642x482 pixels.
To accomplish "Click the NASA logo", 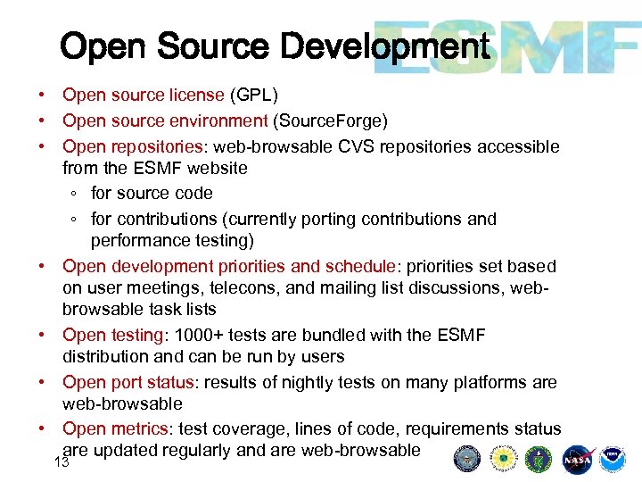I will pos(577,459).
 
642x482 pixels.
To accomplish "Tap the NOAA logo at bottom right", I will pos(612,459).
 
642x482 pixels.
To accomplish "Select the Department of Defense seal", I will pos(466,459).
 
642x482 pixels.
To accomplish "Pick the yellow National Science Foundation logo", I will pos(503,459).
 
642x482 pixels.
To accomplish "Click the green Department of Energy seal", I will pos(539,459).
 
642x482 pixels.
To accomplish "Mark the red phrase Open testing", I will pos(110,336).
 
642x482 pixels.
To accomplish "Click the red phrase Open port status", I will pos(128,382).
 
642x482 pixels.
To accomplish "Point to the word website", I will pos(216,168).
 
